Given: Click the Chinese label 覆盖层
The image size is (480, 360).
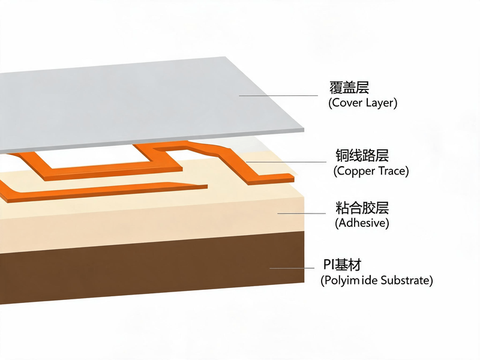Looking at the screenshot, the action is click(349, 88).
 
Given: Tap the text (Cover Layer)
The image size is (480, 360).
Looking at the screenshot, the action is click(363, 103).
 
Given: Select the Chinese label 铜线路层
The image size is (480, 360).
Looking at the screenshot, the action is click(362, 155).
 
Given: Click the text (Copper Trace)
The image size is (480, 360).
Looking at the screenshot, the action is click(371, 171).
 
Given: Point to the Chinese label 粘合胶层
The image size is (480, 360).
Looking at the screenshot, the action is click(362, 208).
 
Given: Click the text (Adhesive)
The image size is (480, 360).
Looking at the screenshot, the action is click(362, 223).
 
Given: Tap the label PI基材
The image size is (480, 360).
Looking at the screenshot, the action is click(342, 265).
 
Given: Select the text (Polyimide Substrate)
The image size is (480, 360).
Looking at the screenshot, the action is click(377, 280).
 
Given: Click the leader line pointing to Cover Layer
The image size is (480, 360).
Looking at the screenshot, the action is click(278, 95).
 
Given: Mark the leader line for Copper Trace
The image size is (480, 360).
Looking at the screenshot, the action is click(286, 161).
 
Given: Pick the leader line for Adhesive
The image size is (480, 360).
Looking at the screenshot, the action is click(302, 214).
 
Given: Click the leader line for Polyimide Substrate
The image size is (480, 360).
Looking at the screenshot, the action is click(292, 268).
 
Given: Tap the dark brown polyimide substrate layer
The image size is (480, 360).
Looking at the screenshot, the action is click(153, 269).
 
